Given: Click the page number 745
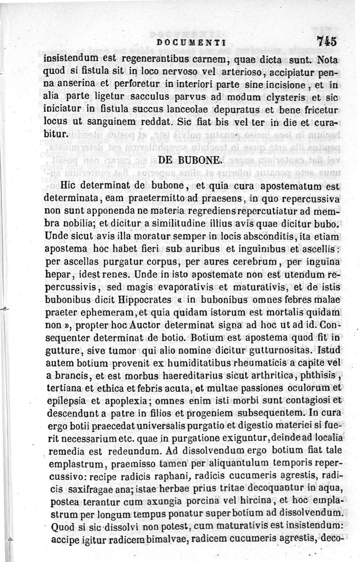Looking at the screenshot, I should click(x=326, y=41).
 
